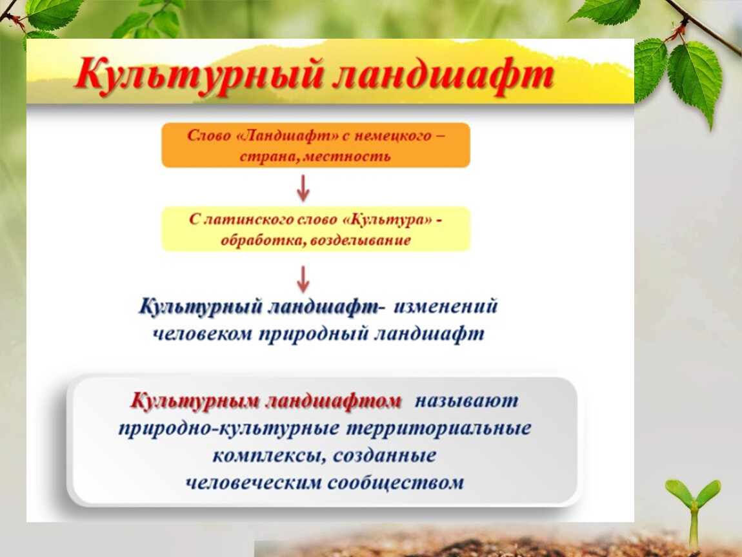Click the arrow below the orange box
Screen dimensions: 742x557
click(x=303, y=188)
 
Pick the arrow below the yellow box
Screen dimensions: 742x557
click(x=303, y=279)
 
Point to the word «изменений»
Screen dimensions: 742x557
click(x=445, y=306)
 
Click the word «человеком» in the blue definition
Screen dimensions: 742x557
click(x=203, y=334)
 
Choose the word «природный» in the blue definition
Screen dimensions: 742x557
click(x=314, y=334)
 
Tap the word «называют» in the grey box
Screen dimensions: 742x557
click(x=466, y=401)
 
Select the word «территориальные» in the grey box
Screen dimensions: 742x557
click(x=439, y=429)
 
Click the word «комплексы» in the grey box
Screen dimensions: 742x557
click(x=269, y=456)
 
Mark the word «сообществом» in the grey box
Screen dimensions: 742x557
click(x=395, y=484)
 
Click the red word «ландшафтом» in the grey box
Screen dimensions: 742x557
click(x=333, y=401)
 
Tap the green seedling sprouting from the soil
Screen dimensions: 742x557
click(x=693, y=513)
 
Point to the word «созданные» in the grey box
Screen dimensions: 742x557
click(x=385, y=456)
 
